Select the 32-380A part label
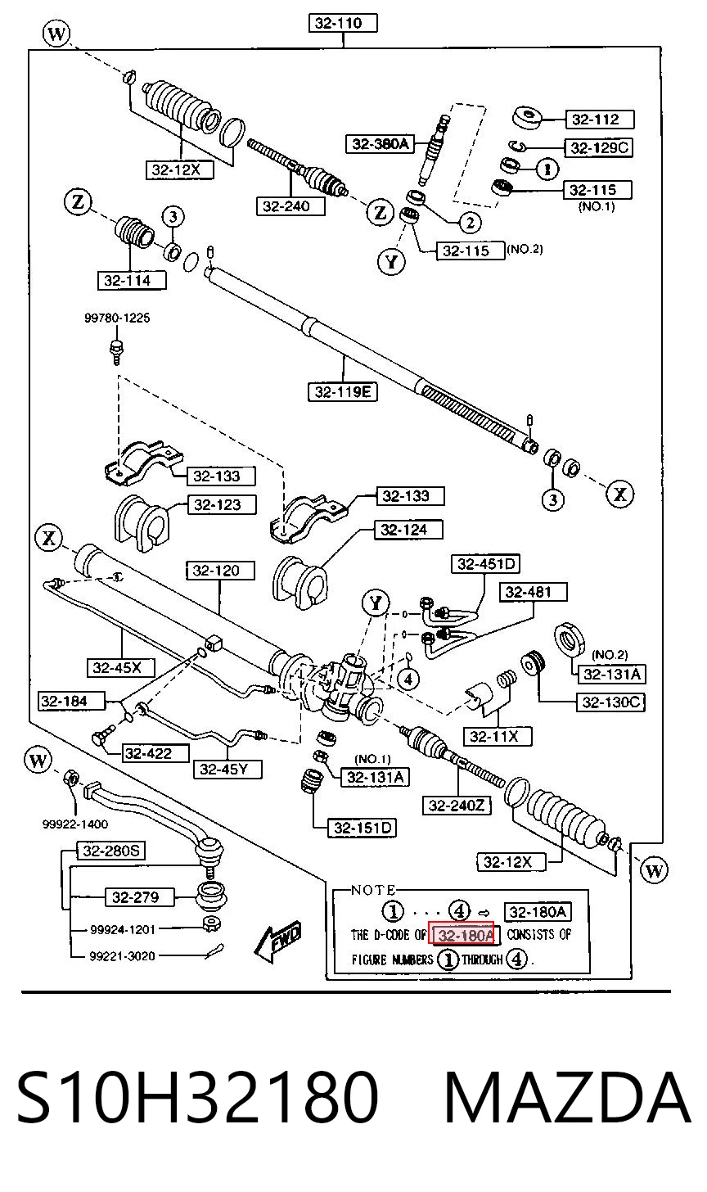380,143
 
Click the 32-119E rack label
343,392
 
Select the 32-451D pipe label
485,564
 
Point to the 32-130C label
610,702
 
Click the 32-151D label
363,828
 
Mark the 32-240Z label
457,806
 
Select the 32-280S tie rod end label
110,851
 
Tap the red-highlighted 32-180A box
462,935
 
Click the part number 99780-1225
117,318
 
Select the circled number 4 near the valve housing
408,680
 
